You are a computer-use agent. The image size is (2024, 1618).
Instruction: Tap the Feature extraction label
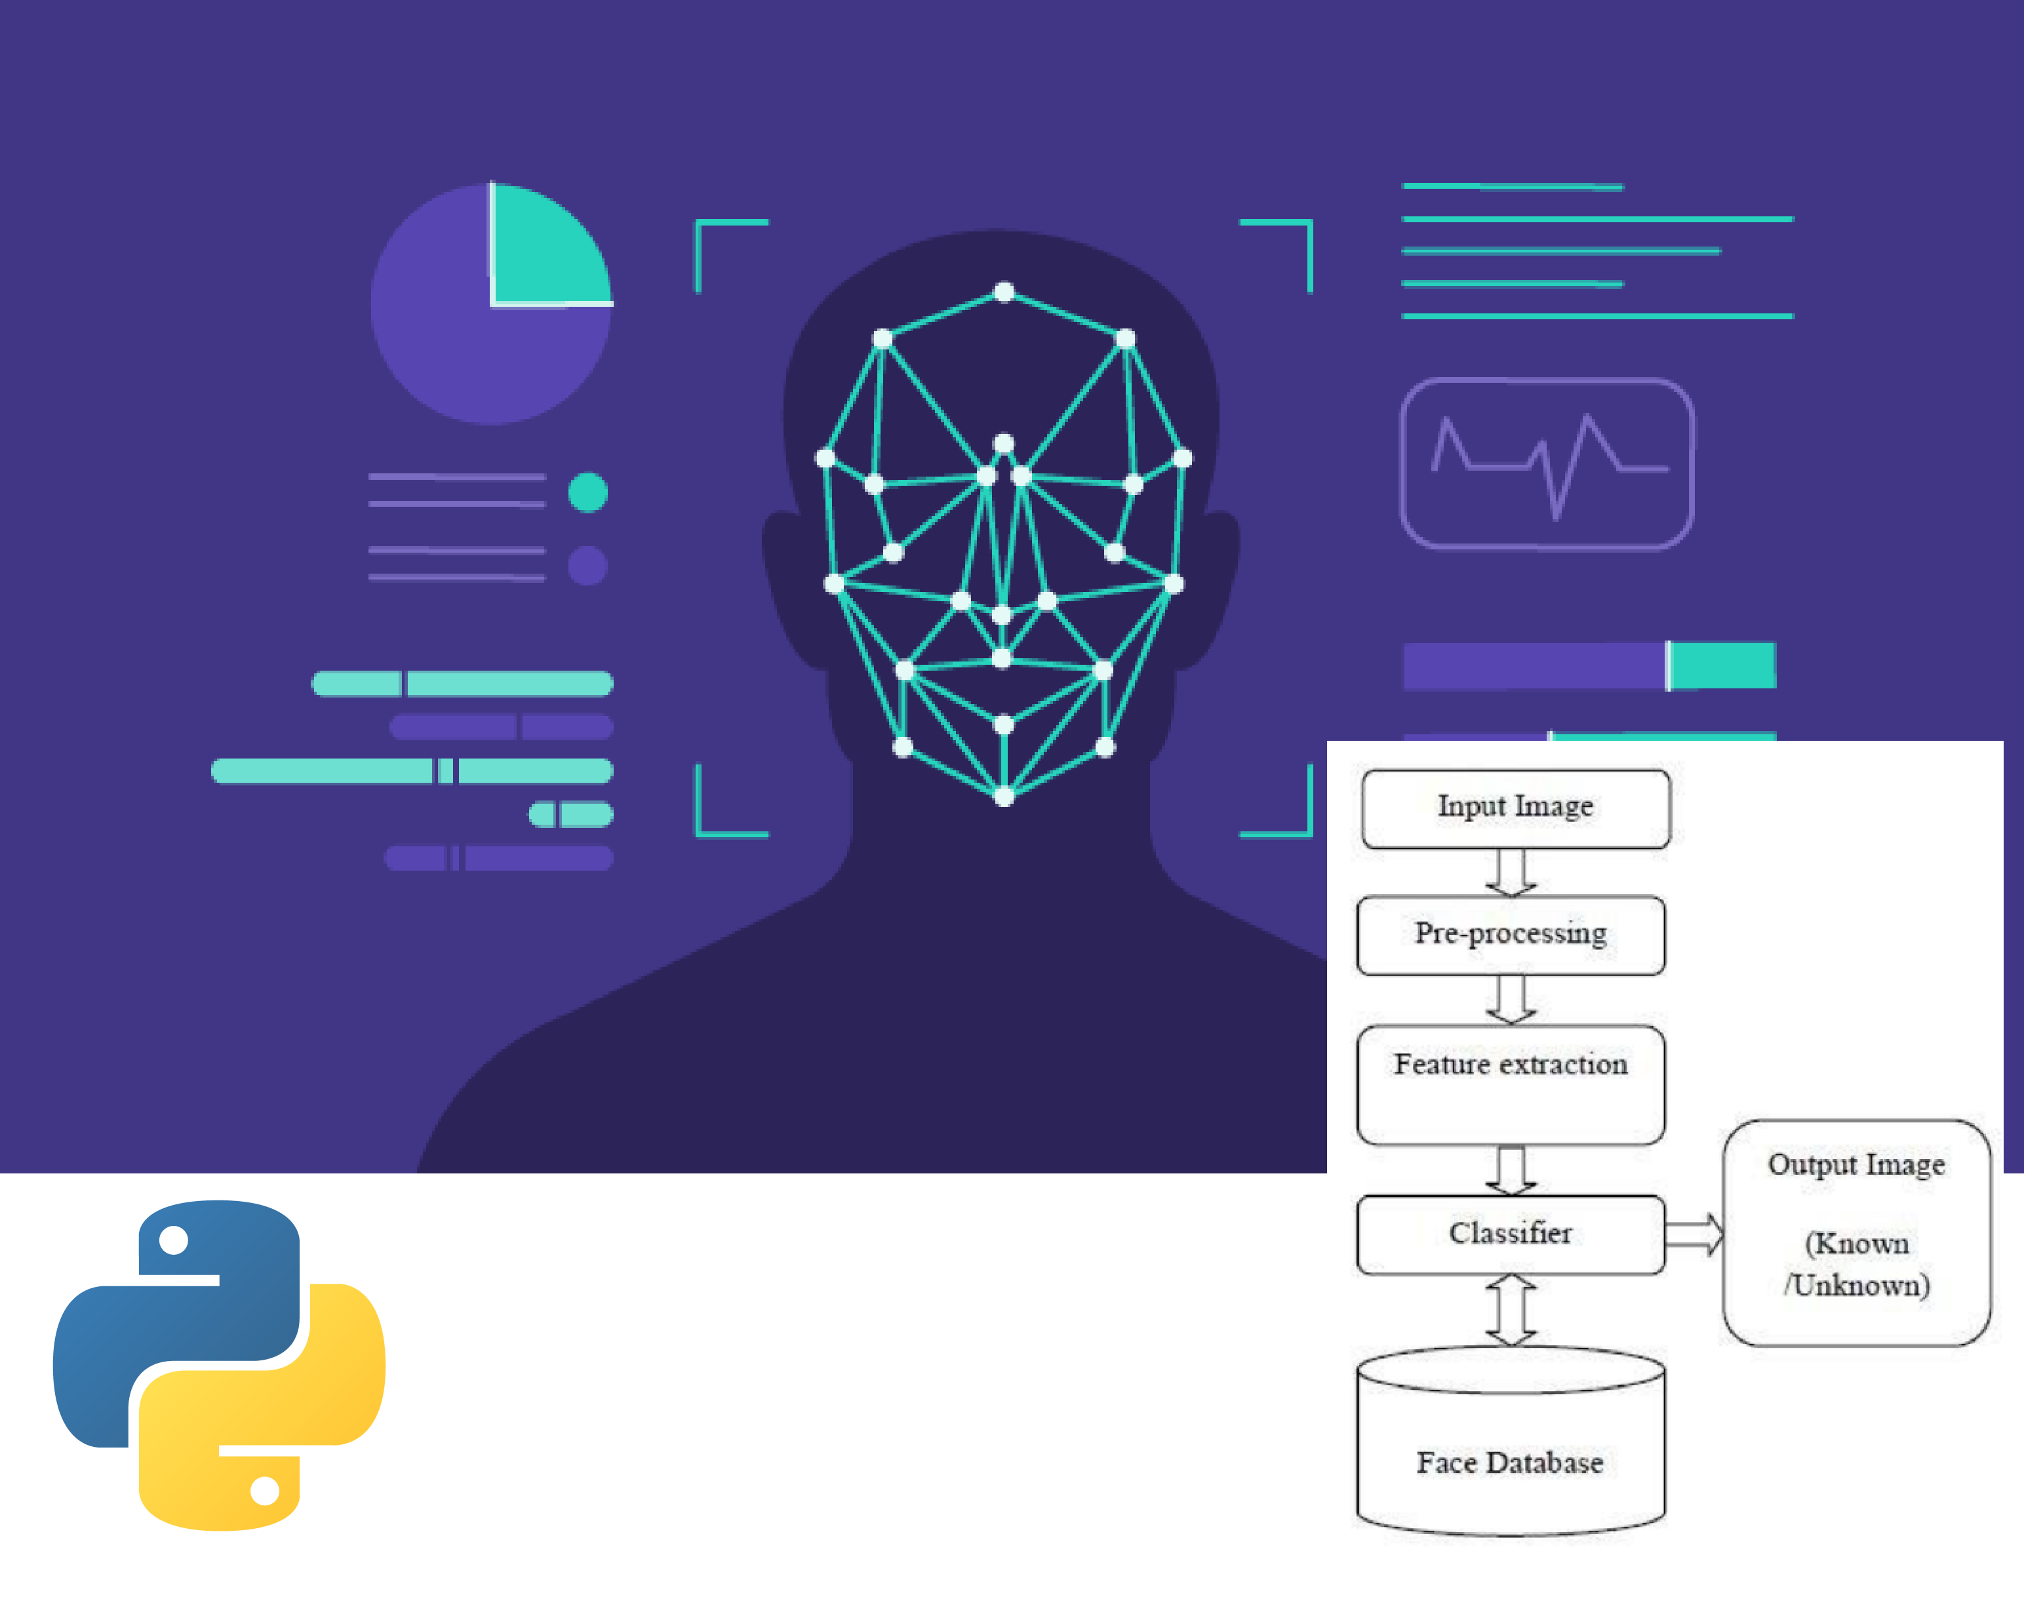click(1511, 1064)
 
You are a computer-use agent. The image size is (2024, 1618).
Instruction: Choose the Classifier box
click(1511, 1233)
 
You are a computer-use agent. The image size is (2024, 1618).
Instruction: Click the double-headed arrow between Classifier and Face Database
click(1511, 1309)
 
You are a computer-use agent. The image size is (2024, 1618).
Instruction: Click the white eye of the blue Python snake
click(174, 1241)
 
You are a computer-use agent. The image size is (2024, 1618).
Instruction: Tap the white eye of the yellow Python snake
click(265, 1490)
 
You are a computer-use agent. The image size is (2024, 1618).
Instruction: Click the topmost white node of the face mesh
click(1004, 292)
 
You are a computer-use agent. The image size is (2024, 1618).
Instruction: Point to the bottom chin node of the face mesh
click(1004, 797)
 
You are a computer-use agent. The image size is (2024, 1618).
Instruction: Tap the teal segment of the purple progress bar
click(1722, 665)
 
